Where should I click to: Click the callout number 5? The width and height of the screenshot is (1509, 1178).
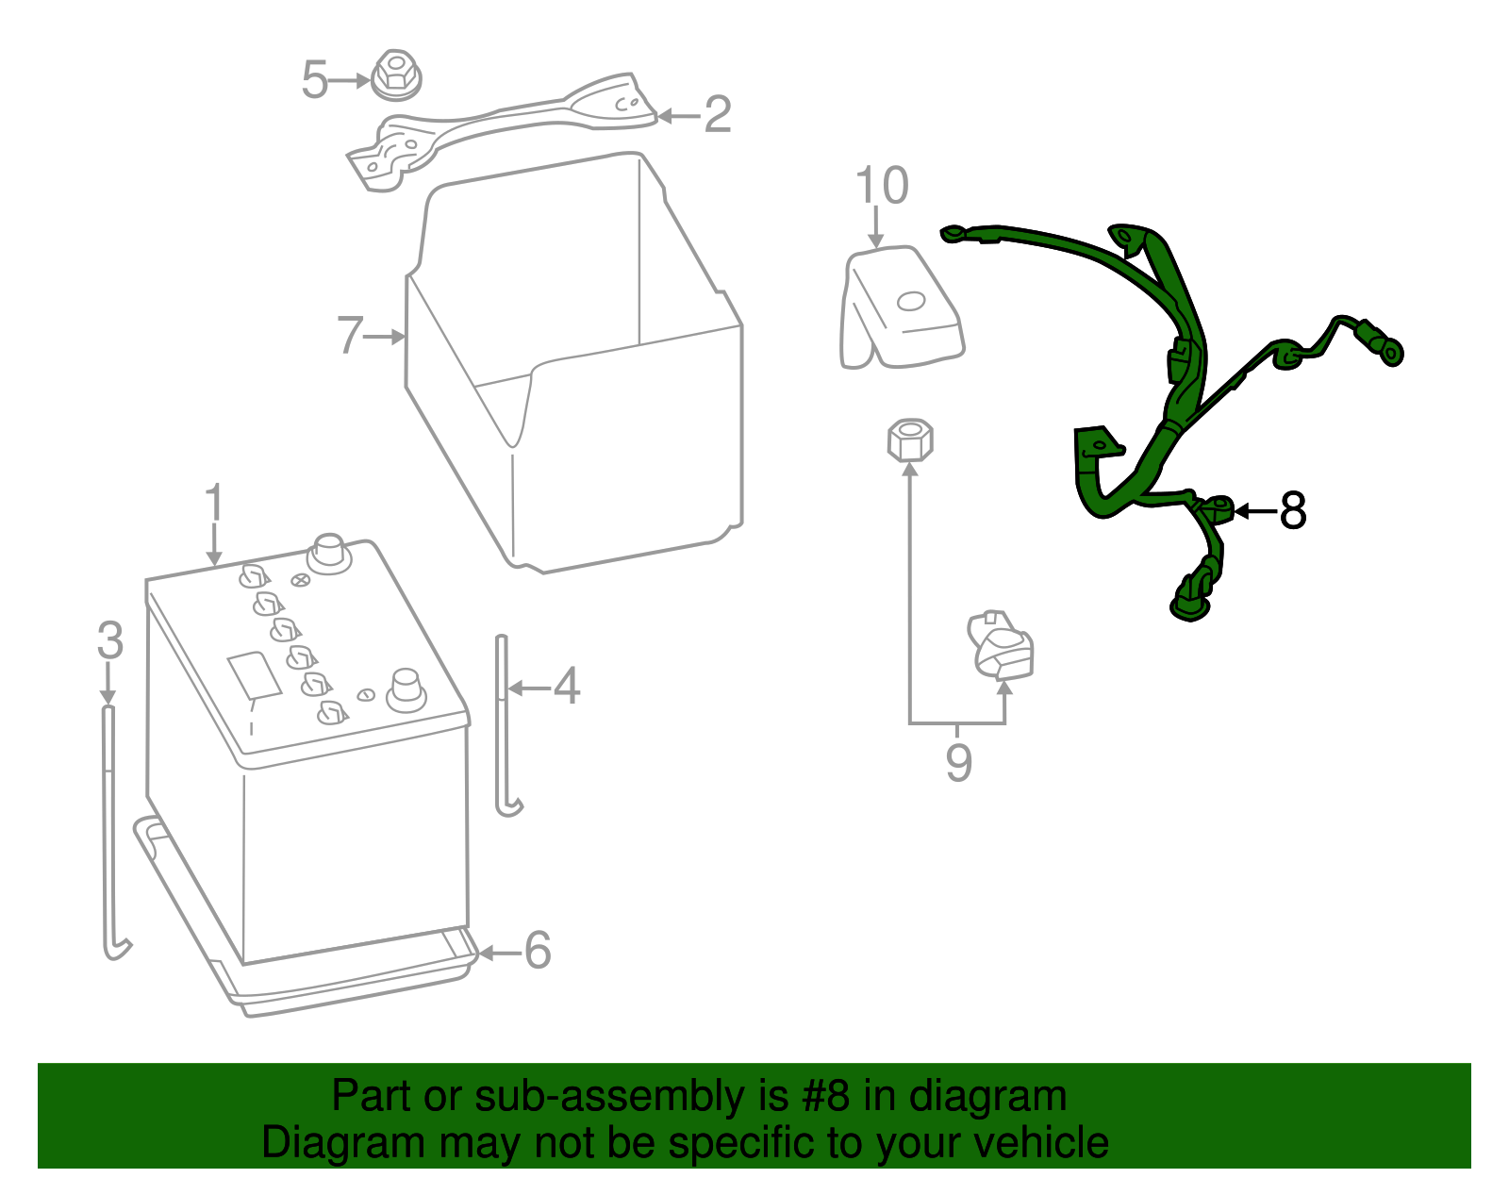coord(315,80)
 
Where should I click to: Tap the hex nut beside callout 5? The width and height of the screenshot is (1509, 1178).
coord(396,75)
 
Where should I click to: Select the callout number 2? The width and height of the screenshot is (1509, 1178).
coord(718,114)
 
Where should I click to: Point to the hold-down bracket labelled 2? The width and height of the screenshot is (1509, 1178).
coord(502,132)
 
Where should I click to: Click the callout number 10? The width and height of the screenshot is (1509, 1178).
coord(882,186)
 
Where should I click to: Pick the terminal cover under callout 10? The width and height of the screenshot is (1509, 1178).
coord(902,307)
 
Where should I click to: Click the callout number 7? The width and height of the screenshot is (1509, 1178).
coord(350,335)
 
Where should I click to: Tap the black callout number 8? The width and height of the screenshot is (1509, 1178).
coord(1292,511)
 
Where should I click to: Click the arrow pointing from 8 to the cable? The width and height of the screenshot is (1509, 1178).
coord(1256,511)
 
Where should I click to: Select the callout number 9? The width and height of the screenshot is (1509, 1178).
coord(959,762)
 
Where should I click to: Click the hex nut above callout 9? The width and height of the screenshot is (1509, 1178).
coord(910,440)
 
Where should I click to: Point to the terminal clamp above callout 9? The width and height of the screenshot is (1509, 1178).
coord(1000,644)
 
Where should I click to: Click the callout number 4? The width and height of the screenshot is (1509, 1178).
coord(567,686)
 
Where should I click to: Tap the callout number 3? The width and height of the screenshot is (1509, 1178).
coord(110,640)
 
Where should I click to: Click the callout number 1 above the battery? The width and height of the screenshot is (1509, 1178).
coord(214,501)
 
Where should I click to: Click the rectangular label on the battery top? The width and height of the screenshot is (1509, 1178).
coord(254,674)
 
